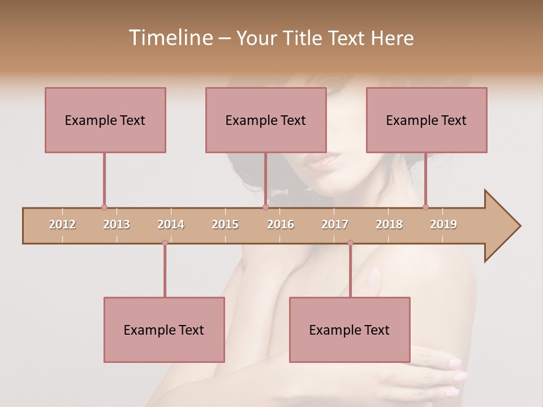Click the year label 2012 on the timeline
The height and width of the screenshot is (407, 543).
[62, 224]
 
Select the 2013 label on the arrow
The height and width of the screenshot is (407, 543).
[117, 224]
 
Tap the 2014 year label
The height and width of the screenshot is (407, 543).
[171, 224]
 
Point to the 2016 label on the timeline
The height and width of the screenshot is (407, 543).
[281, 224]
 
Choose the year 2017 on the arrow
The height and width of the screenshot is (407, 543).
[335, 224]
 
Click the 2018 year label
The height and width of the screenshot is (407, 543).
[389, 224]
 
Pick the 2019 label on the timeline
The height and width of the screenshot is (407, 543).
[443, 224]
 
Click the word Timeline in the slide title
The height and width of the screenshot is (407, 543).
[170, 38]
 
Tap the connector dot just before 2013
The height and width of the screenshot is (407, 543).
[104, 207]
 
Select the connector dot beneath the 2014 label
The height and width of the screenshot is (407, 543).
[165, 243]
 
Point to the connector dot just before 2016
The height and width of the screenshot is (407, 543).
[265, 207]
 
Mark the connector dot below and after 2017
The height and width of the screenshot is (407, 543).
[350, 243]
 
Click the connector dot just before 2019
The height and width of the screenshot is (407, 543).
[425, 207]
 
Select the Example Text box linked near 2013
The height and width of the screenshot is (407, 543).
[105, 120]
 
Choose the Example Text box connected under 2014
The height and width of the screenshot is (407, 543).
[164, 330]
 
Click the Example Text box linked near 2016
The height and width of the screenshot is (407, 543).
[266, 120]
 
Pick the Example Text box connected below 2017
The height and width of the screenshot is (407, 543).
[350, 330]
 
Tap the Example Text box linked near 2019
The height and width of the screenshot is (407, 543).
[426, 120]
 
